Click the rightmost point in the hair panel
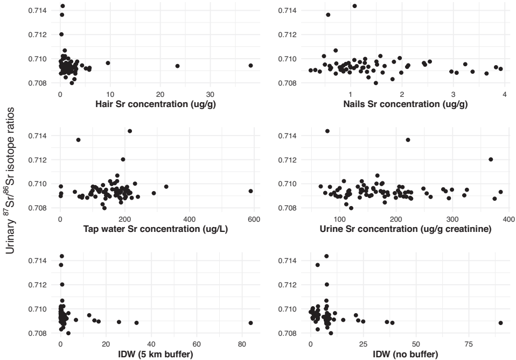pyautogui.click(x=251, y=66)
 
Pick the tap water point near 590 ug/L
pyautogui.click(x=251, y=191)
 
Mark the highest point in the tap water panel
pyautogui.click(x=129, y=131)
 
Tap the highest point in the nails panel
pyautogui.click(x=354, y=6)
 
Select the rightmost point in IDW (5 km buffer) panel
pyautogui.click(x=251, y=323)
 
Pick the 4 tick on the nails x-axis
pyautogui.click(x=505, y=95)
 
